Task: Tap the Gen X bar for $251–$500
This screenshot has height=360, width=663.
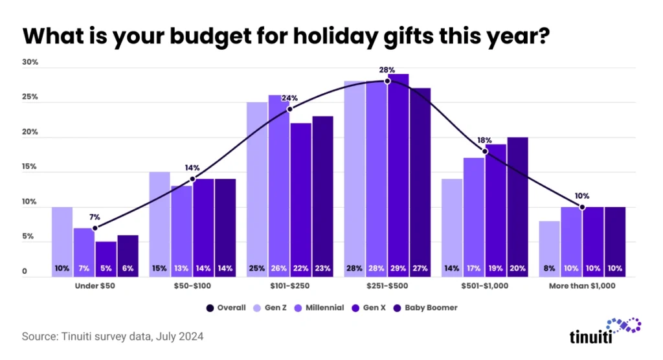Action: (x=398, y=175)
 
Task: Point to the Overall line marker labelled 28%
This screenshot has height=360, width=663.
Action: (x=387, y=81)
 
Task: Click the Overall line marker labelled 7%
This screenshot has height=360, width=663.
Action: (x=95, y=228)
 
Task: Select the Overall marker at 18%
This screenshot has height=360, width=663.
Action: (x=485, y=151)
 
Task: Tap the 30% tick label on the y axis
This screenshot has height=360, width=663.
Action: (x=30, y=63)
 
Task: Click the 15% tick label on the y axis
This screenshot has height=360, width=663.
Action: (x=30, y=167)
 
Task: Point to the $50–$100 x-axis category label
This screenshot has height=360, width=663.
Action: (x=193, y=285)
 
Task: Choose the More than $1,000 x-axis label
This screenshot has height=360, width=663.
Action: (x=582, y=285)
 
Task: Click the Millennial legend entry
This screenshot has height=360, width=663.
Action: (x=322, y=308)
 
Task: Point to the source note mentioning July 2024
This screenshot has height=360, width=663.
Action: (x=114, y=337)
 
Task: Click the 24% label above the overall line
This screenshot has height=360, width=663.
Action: (x=289, y=98)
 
